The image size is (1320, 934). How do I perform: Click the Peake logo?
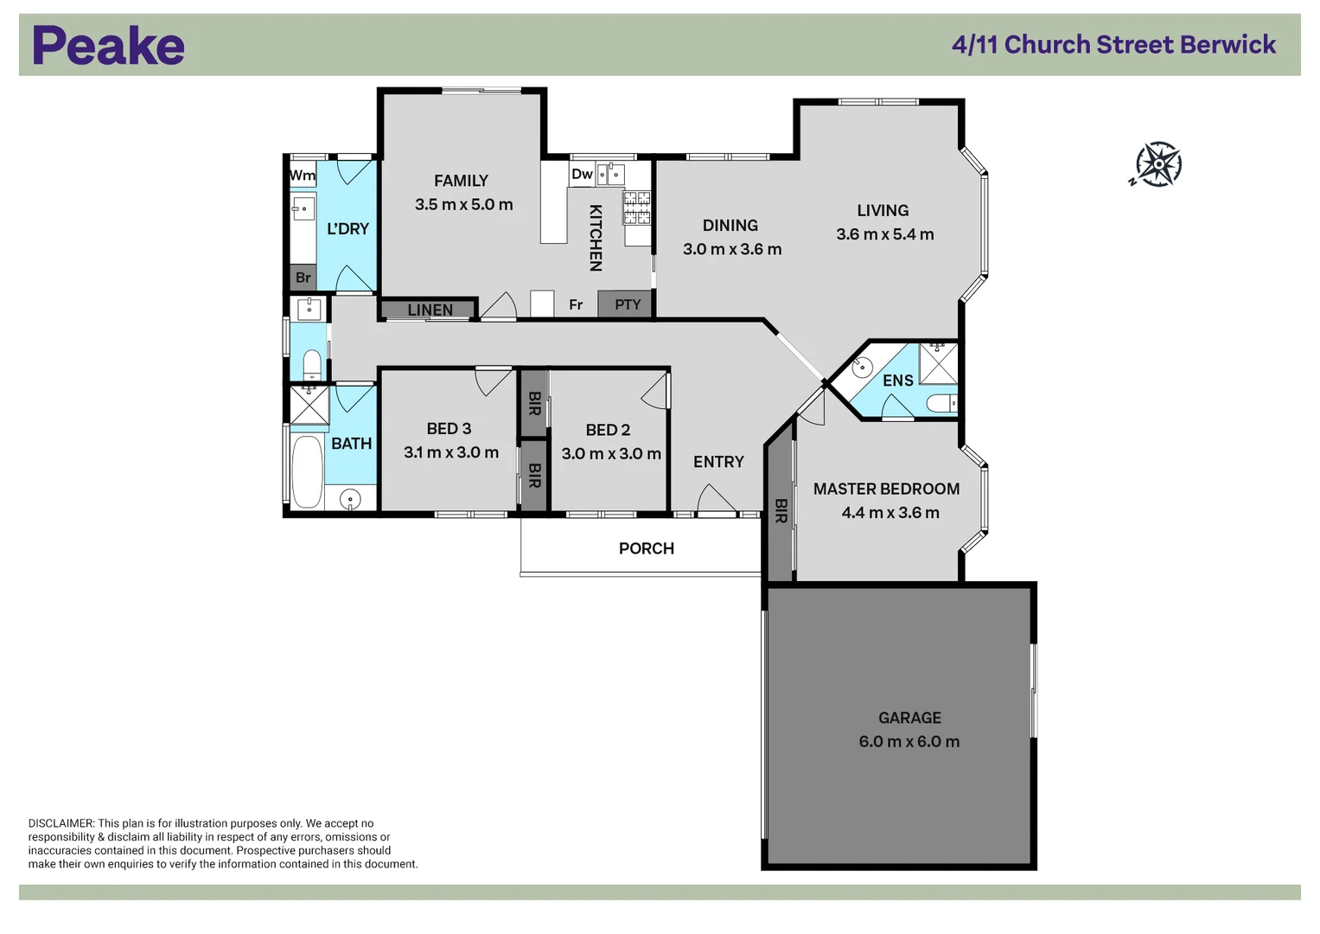pos(108,46)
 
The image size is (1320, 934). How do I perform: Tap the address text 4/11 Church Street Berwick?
pos(1113,45)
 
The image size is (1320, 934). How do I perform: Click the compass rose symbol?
pos(1157,164)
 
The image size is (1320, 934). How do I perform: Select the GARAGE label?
pos(909,718)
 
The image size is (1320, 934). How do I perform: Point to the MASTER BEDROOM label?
pos(886,489)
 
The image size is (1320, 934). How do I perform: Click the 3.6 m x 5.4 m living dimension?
pos(884,234)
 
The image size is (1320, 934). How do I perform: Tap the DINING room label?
pos(730,226)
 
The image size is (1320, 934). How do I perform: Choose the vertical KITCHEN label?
pos(596,238)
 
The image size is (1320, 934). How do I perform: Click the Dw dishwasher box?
pos(582,174)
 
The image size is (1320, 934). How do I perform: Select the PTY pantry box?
pos(627,304)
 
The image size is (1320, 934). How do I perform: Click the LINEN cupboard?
pos(430,309)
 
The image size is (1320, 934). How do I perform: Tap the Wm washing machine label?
pos(303,176)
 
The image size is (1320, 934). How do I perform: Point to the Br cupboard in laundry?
pos(303,278)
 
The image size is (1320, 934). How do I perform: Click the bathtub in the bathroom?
pos(306,471)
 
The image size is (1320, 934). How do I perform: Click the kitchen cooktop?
pos(637,208)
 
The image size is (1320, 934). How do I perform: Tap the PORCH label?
pos(646,548)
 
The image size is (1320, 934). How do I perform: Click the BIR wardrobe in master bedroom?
pos(781,510)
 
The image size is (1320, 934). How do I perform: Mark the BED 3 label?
pos(449,429)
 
